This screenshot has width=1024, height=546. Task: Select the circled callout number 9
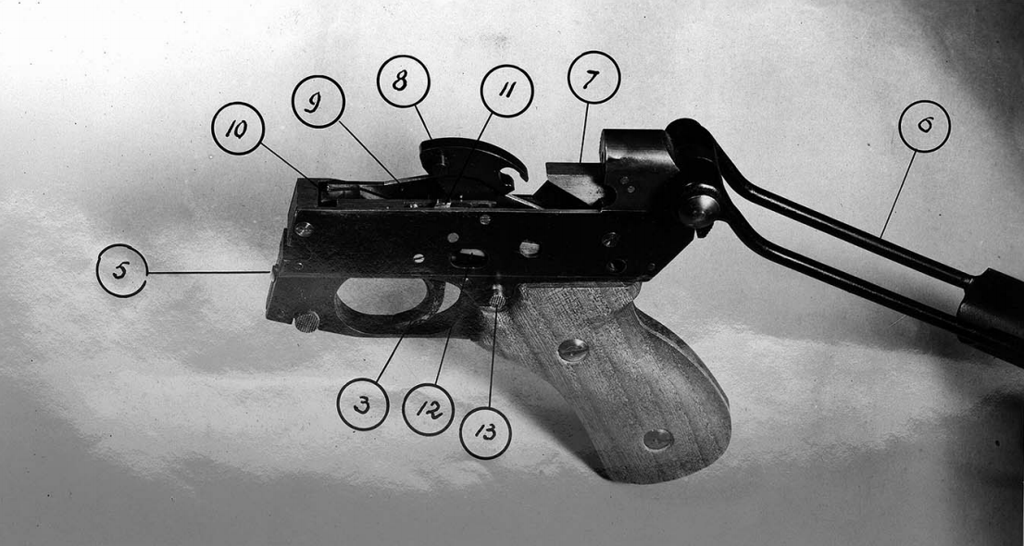pos(318,101)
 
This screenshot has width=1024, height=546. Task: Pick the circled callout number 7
pos(593,78)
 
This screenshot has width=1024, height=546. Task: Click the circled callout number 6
pos(924,126)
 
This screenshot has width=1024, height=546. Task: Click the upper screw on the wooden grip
pos(573,350)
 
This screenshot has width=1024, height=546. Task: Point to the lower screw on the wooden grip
pos(657,439)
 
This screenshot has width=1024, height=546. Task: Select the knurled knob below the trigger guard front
pos(306,322)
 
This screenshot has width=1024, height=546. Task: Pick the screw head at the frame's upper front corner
pos(304,227)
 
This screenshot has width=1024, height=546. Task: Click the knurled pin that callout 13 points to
pos(498,297)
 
